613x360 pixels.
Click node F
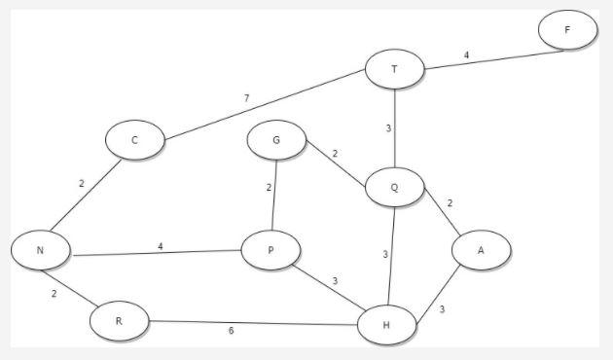pos(567,30)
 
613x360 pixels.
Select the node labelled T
pos(394,69)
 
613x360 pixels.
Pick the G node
pos(276,141)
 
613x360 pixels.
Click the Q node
pos(395,186)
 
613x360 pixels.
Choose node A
pos(481,250)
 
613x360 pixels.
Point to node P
pos(271,250)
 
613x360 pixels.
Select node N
pos(41,250)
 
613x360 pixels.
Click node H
pos(388,324)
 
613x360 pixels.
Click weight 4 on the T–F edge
pos(466,54)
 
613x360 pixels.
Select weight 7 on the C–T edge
pos(248,97)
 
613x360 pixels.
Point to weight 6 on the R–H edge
pos(233,331)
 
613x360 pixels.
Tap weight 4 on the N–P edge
pos(161,246)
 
